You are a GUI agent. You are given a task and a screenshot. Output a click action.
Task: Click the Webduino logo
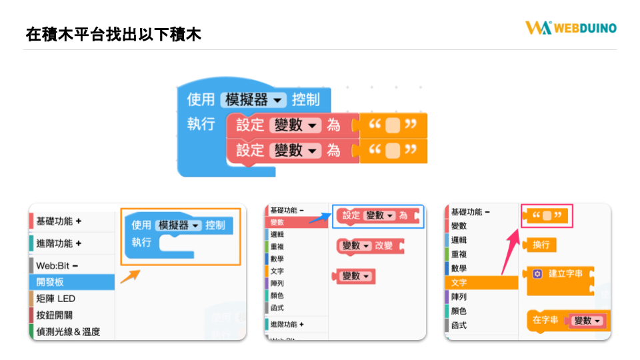coord(571,28)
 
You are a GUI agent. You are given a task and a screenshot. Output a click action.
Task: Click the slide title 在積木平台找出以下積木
coord(113,34)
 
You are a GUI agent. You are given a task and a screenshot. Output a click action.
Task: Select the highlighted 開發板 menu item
coord(72,282)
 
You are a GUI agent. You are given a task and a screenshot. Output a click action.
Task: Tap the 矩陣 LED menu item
coord(55,299)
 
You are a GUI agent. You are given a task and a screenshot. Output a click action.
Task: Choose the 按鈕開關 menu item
coord(54,315)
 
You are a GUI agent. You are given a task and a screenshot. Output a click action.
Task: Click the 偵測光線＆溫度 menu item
coord(68,332)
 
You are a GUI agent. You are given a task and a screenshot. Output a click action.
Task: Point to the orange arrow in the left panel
coord(131,276)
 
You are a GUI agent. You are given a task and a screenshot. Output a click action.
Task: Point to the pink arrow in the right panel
coord(511,252)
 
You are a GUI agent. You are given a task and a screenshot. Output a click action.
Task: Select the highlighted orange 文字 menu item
coord(481,283)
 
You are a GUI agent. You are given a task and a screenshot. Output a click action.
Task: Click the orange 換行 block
coord(539,245)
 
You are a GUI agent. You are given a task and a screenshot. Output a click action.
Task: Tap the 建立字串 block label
coord(565,273)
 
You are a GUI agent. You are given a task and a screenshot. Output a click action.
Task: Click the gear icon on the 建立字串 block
coord(537,274)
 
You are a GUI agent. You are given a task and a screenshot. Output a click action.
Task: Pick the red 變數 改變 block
coord(371,246)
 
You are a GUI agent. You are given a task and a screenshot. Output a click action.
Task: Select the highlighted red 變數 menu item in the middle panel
coord(297,223)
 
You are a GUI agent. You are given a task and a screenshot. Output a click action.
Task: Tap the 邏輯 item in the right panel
coord(459,240)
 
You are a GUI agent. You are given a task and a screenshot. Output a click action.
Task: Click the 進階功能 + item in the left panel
coord(59,244)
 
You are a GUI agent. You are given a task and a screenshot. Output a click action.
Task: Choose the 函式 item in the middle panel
coord(277,308)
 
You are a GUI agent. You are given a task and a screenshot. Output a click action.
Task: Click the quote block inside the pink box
coord(546,215)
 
